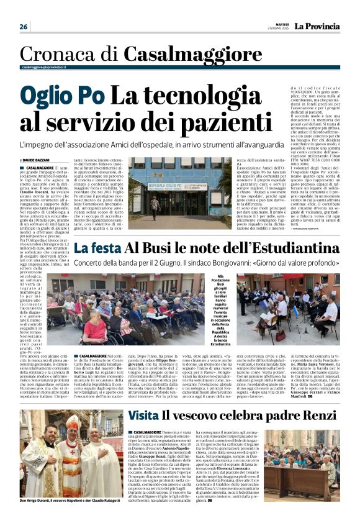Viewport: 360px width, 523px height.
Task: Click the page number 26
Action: click(24, 27)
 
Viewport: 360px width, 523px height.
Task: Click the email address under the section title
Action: click(43, 67)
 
